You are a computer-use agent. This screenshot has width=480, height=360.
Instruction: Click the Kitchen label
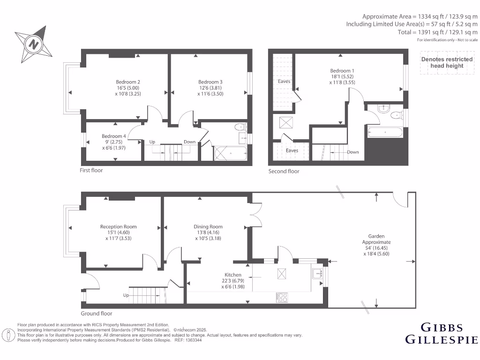point(233,275)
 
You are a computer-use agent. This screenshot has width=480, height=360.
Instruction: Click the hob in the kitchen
point(282,297)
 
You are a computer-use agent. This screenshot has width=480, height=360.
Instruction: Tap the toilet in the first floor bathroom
point(240,126)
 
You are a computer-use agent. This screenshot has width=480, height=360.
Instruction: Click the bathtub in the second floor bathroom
point(385,132)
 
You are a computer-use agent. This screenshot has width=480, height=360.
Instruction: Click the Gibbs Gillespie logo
point(441,333)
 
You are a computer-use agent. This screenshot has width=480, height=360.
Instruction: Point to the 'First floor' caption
point(91,171)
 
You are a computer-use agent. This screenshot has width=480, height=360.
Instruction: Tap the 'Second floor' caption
point(284,172)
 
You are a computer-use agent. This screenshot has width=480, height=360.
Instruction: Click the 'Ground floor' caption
point(97,314)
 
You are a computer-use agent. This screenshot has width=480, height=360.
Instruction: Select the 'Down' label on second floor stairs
point(352,152)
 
